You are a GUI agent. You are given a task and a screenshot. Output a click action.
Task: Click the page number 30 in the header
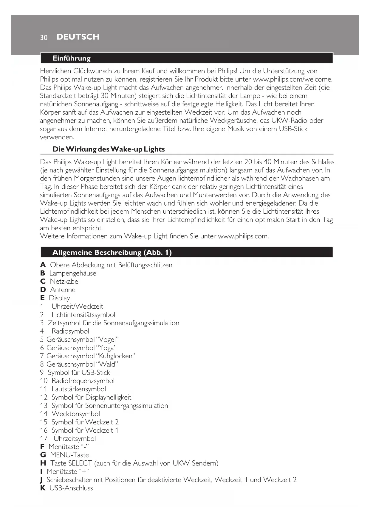coord(44,37)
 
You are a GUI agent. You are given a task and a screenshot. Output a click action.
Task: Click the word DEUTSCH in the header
coord(78,37)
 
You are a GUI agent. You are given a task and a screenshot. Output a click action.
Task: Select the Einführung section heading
coord(72,58)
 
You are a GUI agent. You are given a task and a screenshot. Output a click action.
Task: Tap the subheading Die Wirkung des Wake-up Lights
coord(109,149)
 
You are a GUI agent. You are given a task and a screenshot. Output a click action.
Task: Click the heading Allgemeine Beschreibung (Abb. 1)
coord(112,252)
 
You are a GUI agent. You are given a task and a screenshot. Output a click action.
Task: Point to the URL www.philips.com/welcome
coord(292,79)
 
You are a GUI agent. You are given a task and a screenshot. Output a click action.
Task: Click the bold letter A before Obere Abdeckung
coord(43,265)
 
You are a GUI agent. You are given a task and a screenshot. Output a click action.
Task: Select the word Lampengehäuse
coord(73,273)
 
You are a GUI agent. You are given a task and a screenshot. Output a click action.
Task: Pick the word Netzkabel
coord(65,282)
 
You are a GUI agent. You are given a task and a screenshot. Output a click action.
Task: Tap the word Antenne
coord(63,290)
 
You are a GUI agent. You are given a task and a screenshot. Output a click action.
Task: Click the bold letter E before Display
coord(42,298)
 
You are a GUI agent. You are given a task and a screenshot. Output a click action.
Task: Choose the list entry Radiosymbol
coord(70,331)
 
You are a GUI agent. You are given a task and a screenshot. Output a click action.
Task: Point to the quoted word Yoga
coord(106,348)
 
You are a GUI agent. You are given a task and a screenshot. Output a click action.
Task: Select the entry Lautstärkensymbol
coord(79,389)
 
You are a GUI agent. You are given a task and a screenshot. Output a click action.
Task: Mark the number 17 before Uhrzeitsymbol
coord(44,438)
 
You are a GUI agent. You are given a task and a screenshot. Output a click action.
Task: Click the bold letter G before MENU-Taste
coord(43,455)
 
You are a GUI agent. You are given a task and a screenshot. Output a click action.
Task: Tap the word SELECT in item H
coord(80,463)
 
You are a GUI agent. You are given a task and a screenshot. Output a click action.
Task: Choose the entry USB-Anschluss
coord(71,488)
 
